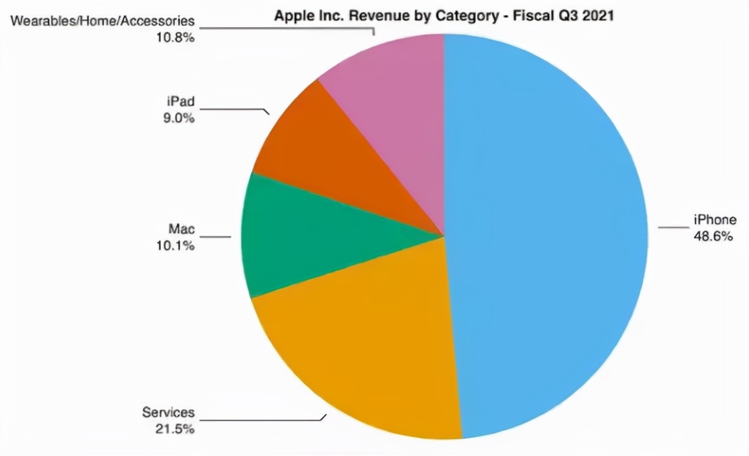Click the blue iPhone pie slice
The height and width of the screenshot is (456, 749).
click(544, 234)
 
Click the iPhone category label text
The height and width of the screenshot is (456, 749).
click(715, 220)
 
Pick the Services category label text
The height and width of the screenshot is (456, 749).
click(168, 413)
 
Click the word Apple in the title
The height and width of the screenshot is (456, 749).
click(290, 16)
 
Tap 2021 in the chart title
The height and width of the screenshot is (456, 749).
click(598, 16)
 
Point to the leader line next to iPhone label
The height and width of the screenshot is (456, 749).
click(671, 227)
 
